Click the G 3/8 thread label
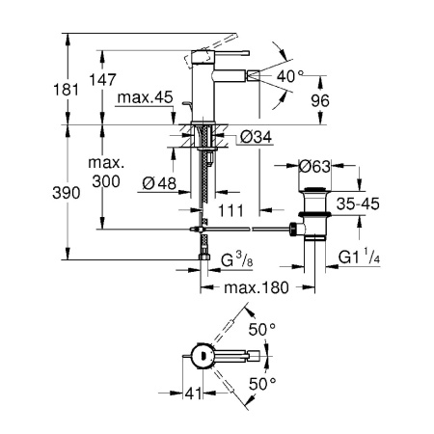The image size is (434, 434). click(238, 261)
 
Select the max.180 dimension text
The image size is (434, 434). click(258, 288)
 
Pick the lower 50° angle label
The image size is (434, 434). click(263, 383)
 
